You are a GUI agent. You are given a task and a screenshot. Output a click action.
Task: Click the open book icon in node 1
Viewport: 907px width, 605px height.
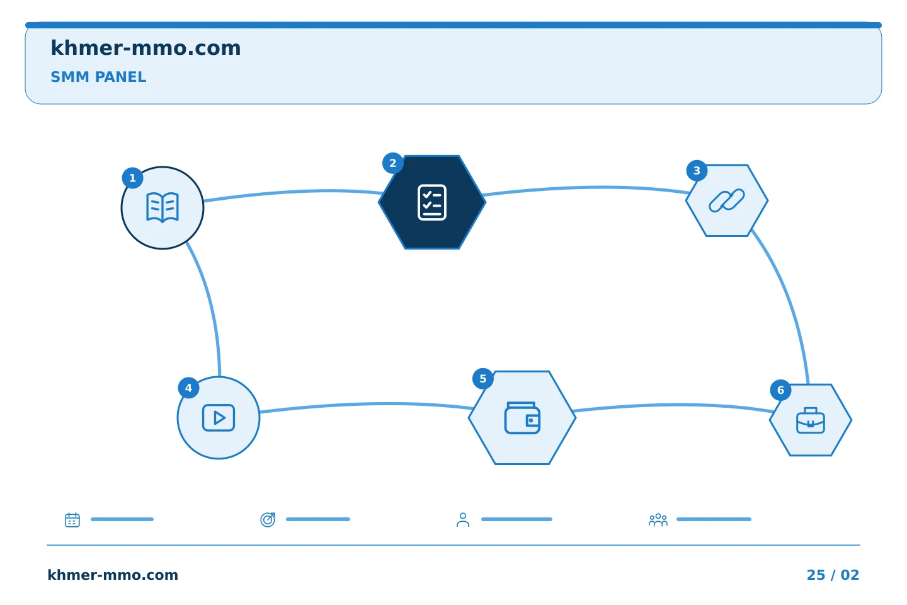163,207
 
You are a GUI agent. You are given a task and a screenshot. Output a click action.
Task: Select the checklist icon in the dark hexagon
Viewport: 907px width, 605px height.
432,202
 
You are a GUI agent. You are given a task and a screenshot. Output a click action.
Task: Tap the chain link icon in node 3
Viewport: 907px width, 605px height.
727,200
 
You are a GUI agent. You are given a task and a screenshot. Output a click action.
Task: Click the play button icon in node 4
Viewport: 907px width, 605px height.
219,418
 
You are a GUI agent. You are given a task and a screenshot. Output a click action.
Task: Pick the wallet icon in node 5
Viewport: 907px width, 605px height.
522,418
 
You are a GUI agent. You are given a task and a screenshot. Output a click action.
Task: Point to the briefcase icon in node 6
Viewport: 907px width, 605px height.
811,420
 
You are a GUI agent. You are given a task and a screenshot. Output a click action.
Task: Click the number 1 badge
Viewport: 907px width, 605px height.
132,178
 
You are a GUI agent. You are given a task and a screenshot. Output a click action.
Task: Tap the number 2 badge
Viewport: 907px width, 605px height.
393,163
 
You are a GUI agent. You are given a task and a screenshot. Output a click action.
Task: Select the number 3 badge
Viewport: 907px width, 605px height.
697,171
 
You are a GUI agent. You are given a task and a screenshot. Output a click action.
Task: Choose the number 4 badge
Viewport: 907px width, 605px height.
189,388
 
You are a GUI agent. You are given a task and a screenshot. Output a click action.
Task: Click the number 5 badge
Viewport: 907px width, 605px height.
483,379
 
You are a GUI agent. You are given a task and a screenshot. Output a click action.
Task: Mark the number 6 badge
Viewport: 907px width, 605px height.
780,390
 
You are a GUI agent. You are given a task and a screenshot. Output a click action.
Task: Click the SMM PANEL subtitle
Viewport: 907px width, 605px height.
98,77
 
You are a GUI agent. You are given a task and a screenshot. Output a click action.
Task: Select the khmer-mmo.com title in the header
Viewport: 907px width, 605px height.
145,48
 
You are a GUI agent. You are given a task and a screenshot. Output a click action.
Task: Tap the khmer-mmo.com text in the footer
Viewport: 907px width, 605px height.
113,575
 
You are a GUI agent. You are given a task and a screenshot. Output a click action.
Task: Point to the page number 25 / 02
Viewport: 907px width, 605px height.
833,575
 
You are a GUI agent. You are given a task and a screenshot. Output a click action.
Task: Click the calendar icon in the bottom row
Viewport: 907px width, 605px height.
72,519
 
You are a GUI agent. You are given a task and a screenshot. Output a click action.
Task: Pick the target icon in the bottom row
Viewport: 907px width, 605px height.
268,519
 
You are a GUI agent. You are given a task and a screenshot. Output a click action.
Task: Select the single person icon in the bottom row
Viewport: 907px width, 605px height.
463,519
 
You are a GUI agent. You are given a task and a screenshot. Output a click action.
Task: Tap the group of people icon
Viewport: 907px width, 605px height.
658,520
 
